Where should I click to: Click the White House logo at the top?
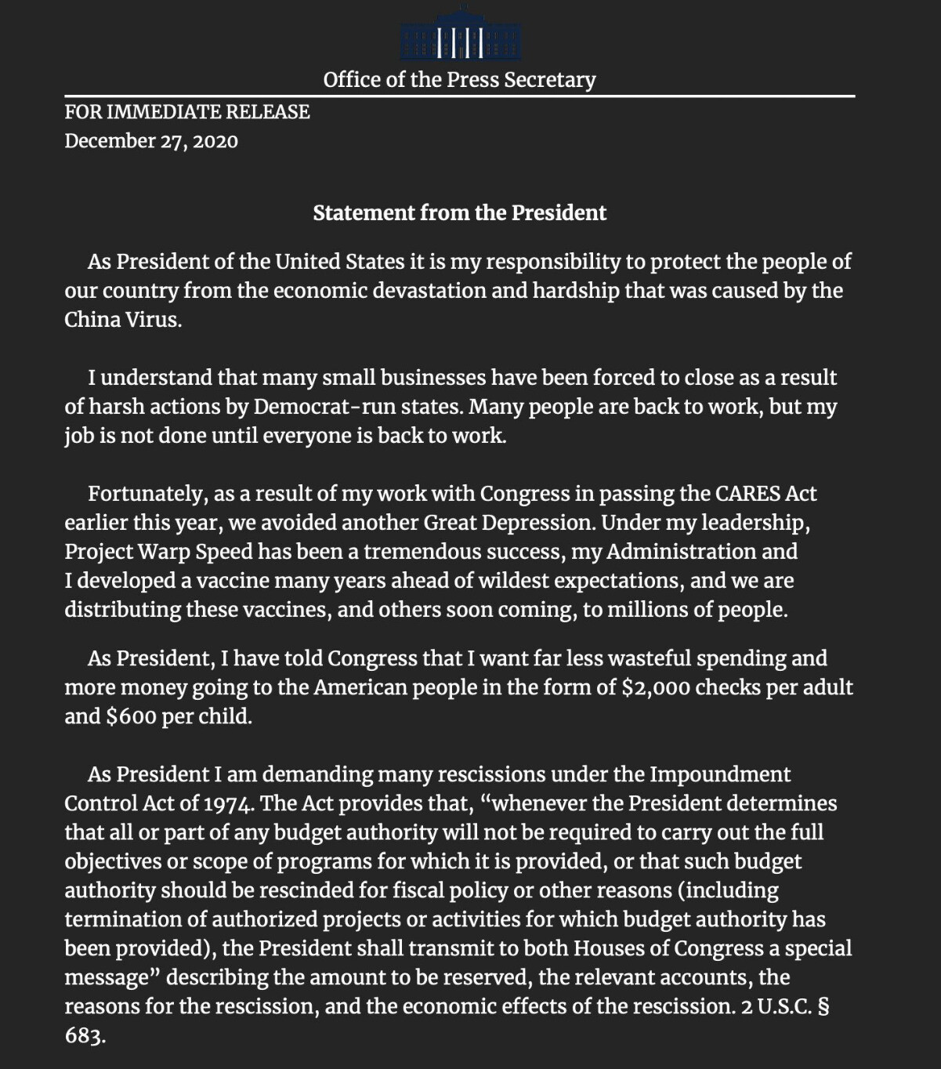pos(460,34)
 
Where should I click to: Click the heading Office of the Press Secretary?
pos(459,80)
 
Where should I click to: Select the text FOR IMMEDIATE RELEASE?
pos(187,112)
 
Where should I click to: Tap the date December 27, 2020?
pos(151,141)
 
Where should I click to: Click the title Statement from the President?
pos(459,213)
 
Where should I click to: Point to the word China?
pos(90,320)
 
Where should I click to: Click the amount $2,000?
pos(655,687)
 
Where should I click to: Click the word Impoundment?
pos(720,774)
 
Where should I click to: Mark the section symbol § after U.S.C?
pos(823,1006)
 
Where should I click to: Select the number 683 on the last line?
pos(84,1035)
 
